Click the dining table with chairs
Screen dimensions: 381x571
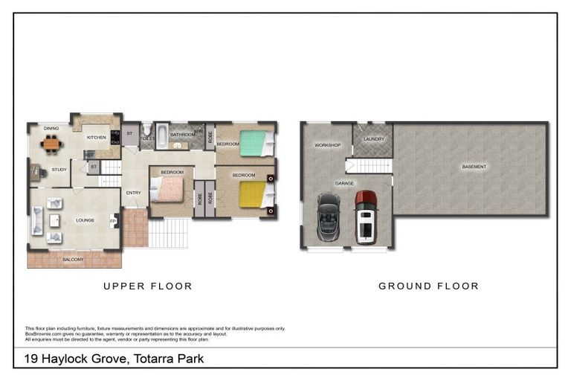51,144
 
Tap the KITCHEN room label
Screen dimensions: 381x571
97,138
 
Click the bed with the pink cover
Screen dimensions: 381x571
169,189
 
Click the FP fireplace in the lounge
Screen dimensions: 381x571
114,221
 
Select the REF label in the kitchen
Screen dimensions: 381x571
89,155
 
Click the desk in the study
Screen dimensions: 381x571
36,172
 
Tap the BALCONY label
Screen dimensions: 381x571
73,260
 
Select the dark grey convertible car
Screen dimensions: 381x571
328,217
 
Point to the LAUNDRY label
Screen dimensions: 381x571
372,139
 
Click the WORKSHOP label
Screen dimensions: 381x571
327,145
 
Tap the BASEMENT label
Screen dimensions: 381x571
474,167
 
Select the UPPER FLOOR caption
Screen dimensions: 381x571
148,286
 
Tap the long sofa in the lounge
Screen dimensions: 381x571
37,221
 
